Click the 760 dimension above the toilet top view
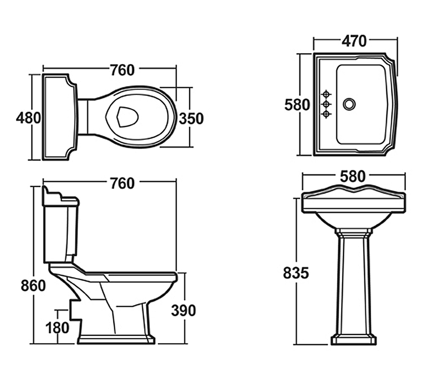click(x=122, y=70)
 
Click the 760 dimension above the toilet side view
click(x=122, y=183)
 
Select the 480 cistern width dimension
click(x=28, y=118)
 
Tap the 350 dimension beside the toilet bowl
click(x=191, y=119)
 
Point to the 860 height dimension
click(x=33, y=286)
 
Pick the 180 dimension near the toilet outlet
click(x=57, y=328)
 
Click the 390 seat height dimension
click(x=183, y=310)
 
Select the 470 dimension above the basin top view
click(x=354, y=41)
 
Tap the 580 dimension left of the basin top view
click(x=297, y=105)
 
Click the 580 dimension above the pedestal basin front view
click(x=353, y=176)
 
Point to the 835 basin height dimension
click(x=296, y=273)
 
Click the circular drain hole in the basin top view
click(x=349, y=104)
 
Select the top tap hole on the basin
click(x=326, y=94)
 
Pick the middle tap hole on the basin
click(x=326, y=104)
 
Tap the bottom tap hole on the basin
click(x=326, y=113)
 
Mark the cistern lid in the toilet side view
click(x=61, y=196)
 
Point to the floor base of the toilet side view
click(x=116, y=340)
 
